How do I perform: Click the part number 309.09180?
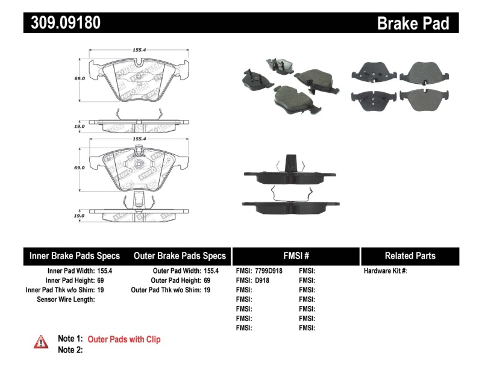(x=63, y=23)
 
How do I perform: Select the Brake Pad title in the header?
(x=413, y=23)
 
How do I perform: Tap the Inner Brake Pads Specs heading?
(x=75, y=255)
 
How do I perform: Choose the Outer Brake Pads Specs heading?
(x=180, y=255)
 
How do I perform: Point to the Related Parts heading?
(x=410, y=255)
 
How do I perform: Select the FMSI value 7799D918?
(x=269, y=271)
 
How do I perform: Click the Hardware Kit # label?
(x=385, y=271)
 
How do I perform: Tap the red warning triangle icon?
(x=41, y=342)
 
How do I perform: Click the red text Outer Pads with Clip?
(x=124, y=340)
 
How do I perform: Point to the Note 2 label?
(x=69, y=349)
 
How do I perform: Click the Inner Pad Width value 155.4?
(x=106, y=271)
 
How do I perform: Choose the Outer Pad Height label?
(x=175, y=280)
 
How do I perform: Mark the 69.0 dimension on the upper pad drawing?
(x=78, y=78)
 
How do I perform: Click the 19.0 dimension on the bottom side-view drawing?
(x=78, y=215)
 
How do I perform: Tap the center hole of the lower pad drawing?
(x=138, y=163)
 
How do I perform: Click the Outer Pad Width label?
(x=177, y=271)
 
